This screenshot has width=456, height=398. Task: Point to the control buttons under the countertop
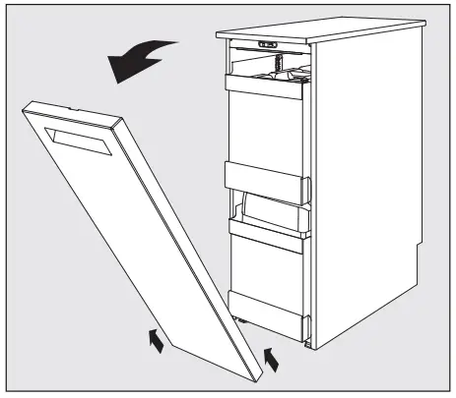[x=265, y=43]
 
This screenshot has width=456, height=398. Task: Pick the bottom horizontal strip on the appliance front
[x=266, y=306]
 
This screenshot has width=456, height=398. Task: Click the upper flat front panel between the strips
[x=267, y=128]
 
